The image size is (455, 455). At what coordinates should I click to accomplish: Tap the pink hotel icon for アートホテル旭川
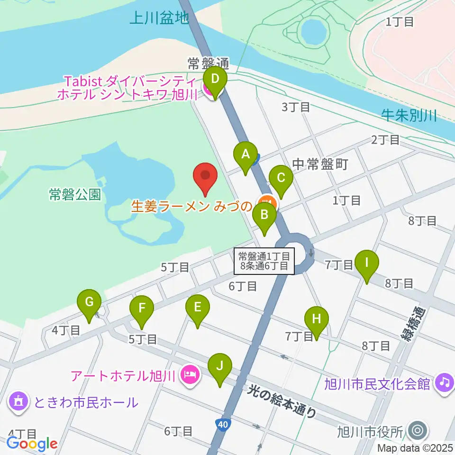(191, 376)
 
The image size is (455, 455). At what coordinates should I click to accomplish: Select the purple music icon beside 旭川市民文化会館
(444, 382)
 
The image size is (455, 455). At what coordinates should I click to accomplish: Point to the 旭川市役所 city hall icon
(418, 431)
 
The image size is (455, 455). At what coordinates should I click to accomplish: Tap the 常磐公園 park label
(75, 194)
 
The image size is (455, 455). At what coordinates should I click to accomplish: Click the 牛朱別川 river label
(409, 115)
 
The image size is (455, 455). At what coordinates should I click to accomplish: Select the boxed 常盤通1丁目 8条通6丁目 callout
(264, 261)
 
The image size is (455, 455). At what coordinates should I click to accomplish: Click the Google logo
(32, 444)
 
